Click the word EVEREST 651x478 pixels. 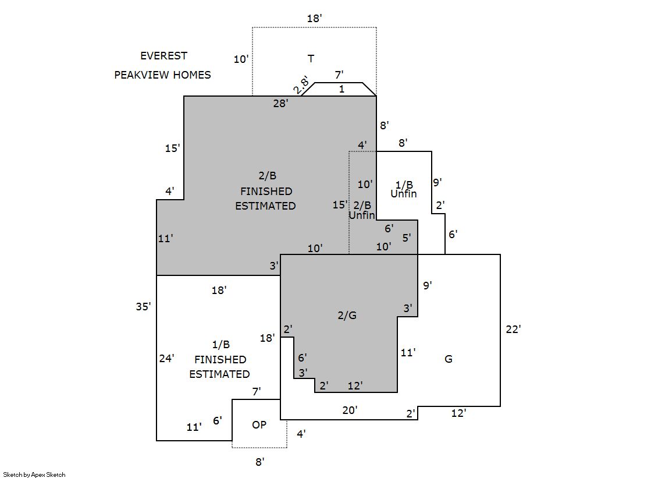[x=163, y=56]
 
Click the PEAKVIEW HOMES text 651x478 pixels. [x=162, y=75]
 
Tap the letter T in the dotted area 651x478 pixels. [x=311, y=58]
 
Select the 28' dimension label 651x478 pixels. [x=281, y=104]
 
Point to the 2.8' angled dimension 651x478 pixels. [x=301, y=85]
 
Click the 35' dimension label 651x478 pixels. [x=144, y=307]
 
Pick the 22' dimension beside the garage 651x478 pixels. [x=513, y=329]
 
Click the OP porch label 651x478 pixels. [x=259, y=425]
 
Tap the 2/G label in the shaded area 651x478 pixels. [x=347, y=316]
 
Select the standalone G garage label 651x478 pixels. [x=449, y=359]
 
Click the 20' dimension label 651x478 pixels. [x=350, y=410]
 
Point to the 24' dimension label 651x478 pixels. [x=167, y=359]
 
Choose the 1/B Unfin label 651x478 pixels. [x=403, y=189]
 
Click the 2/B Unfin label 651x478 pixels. [x=362, y=210]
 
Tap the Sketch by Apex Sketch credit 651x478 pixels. [x=34, y=475]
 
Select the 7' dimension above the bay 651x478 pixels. [x=339, y=75]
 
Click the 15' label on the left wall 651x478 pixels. [x=173, y=148]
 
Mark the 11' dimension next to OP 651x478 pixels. [x=194, y=427]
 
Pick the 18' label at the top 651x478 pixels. [x=315, y=19]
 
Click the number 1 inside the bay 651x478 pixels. [x=341, y=89]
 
